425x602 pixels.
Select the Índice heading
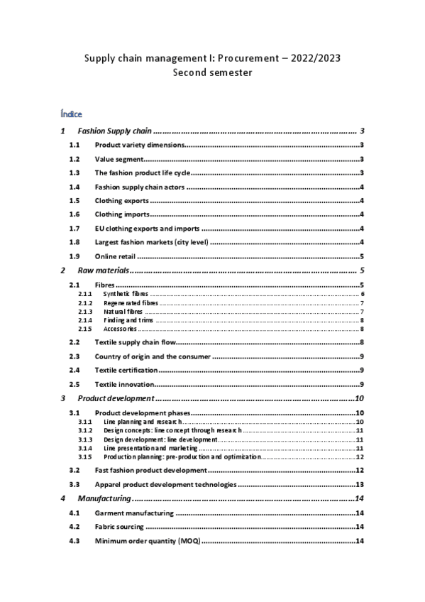72,114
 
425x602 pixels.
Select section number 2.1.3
85,311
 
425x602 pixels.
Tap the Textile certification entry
126,371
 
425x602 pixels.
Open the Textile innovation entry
123,384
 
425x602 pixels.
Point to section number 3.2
74,471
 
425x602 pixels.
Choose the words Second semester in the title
212,72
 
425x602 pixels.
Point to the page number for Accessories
362,329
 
